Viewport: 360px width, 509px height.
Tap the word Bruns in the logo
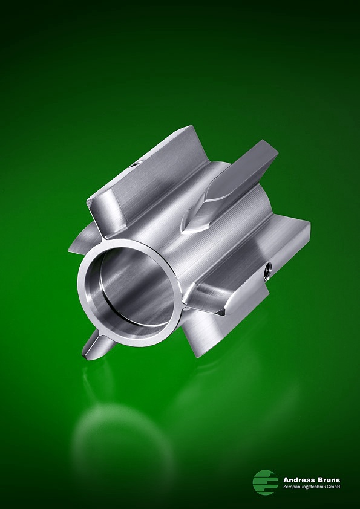(329, 480)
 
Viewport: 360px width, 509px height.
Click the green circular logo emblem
(265, 482)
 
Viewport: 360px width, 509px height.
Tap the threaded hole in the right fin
(269, 268)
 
